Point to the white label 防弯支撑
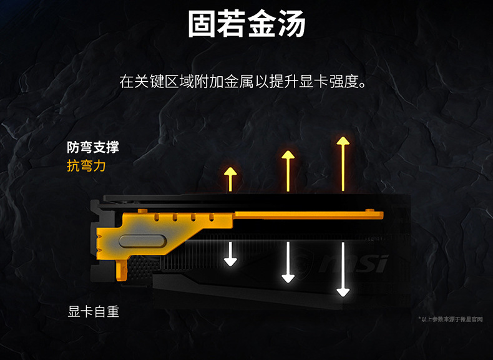(92, 148)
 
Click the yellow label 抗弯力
(86, 165)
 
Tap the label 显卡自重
(93, 311)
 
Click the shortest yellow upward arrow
(231, 179)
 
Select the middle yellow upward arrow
(287, 171)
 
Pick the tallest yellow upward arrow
(343, 163)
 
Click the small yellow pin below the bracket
(122, 270)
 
